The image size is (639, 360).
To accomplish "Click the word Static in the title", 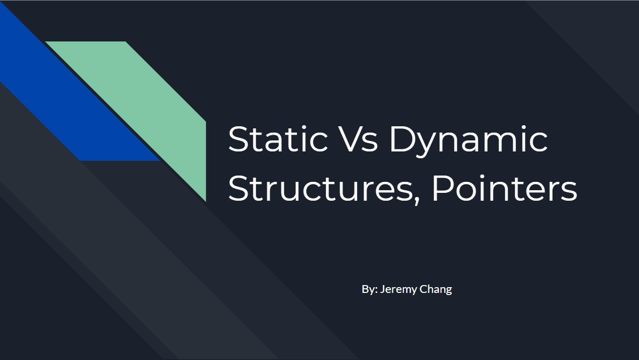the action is [278, 139].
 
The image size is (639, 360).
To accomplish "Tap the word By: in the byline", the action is [370, 289].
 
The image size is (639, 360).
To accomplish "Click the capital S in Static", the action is [238, 139].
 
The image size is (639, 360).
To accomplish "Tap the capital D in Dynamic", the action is [403, 139].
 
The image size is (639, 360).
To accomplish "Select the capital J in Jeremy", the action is [383, 289].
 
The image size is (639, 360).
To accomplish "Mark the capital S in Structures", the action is [238, 189].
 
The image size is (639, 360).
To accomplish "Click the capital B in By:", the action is [365, 289].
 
